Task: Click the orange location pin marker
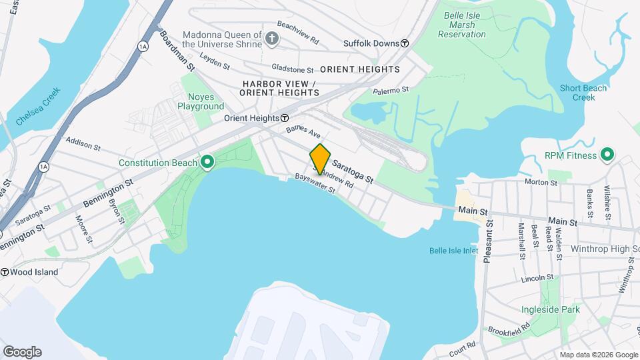(x=320, y=159)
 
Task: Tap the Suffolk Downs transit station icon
(x=405, y=43)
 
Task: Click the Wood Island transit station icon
(x=5, y=272)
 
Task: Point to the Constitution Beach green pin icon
(x=207, y=163)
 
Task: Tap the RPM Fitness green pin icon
(x=607, y=156)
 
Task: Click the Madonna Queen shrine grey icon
(x=271, y=39)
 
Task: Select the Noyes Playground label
(x=201, y=101)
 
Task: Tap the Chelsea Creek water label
(x=39, y=107)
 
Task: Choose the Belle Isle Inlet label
(x=453, y=251)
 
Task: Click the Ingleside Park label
(x=551, y=309)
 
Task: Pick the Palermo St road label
(x=390, y=90)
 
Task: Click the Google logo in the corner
(x=22, y=352)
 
